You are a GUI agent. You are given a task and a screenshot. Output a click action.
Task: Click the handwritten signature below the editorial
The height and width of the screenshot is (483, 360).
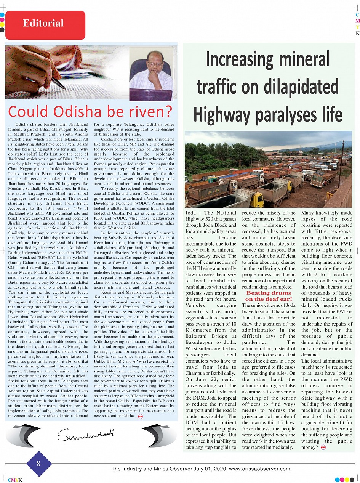[86, 433]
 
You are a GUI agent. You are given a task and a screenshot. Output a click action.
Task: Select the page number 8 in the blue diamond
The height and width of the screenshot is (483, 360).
[38, 464]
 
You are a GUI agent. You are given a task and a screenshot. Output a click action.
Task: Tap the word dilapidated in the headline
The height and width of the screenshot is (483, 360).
[296, 87]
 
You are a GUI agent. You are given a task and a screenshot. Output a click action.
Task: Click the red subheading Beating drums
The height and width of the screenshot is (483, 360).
[269, 293]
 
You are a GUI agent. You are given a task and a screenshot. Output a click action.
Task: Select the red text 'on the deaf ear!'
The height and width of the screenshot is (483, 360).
[269, 299]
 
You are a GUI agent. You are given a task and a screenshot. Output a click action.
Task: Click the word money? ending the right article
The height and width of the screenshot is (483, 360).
[309, 447]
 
